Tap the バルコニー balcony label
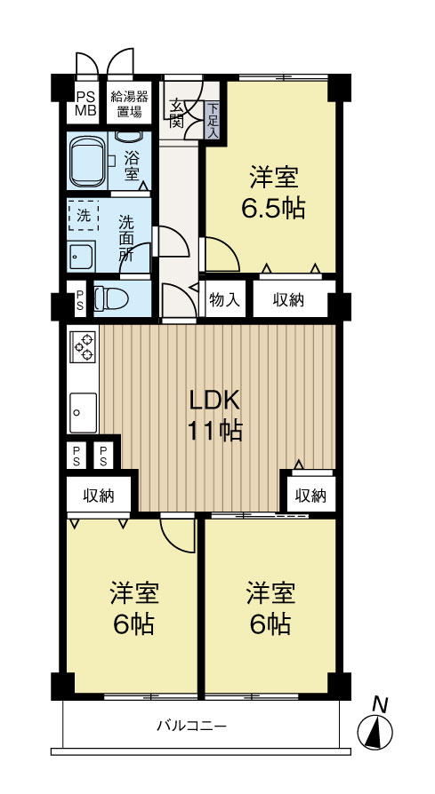[191, 726]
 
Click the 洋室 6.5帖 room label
[273, 193]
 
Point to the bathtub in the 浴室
[88, 160]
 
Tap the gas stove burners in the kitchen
[83, 346]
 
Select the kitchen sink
[83, 411]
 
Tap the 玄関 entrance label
[177, 111]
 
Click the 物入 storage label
[225, 300]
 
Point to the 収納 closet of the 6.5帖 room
[289, 300]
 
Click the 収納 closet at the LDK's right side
[310, 495]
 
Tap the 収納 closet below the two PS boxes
[99, 496]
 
